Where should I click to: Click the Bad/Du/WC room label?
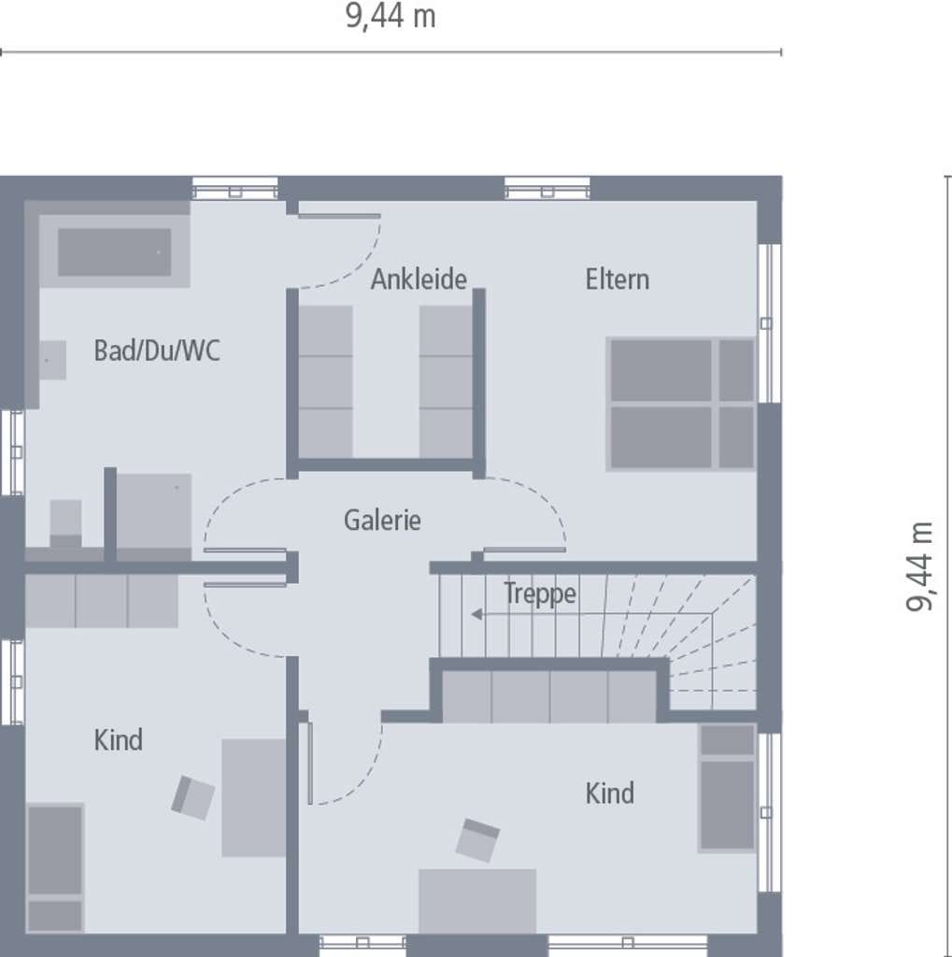[157, 350]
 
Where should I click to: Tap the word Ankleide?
[419, 279]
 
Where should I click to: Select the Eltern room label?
[617, 279]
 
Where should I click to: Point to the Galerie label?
[382, 521]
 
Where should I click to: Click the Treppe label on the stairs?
[539, 593]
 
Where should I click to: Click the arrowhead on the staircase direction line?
[476, 614]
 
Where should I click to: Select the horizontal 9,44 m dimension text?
[391, 16]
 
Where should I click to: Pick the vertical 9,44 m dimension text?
[919, 565]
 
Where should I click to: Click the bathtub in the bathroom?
[115, 251]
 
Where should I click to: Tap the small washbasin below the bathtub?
[53, 360]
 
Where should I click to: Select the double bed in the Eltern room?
[682, 404]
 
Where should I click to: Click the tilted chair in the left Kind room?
[192, 798]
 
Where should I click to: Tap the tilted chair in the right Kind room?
[477, 840]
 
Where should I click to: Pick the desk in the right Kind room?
[477, 902]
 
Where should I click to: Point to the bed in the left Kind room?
[55, 867]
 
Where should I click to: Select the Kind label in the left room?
[119, 740]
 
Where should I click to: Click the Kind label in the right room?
[610, 793]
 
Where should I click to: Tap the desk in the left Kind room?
[254, 798]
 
